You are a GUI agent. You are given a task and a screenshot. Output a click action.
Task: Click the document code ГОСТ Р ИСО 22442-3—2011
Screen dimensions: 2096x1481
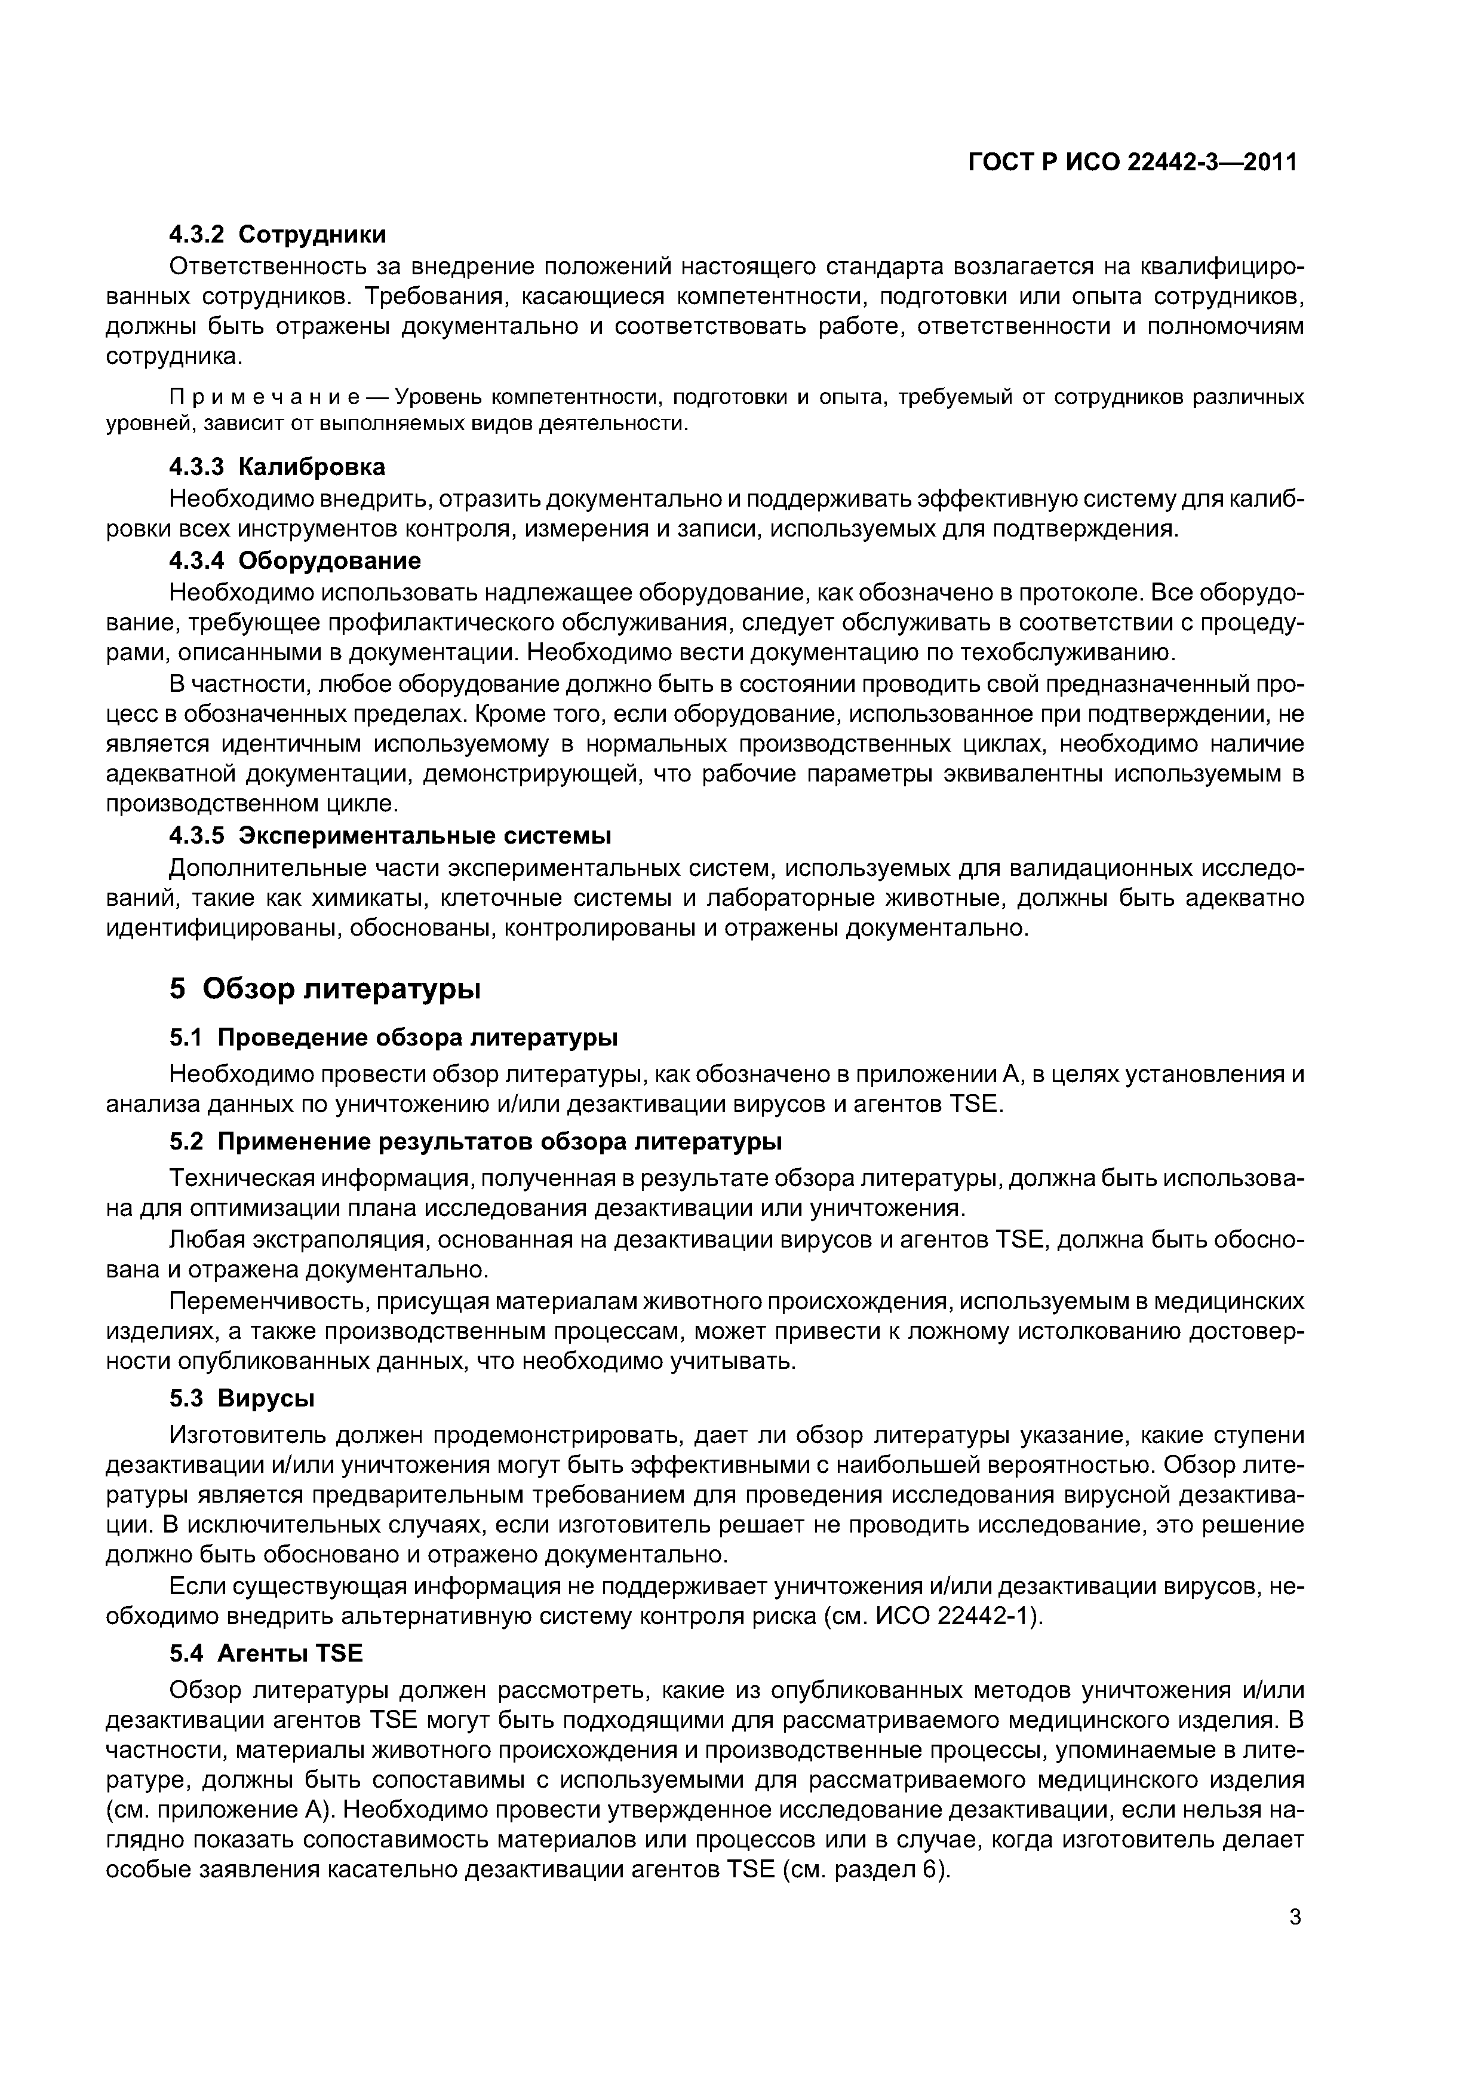1132,163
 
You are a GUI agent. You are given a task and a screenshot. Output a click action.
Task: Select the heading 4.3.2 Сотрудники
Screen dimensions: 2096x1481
278,235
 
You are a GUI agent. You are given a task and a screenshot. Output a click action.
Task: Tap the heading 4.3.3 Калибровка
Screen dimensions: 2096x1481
278,467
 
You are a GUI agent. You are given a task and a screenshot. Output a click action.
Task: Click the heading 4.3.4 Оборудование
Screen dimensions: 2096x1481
295,560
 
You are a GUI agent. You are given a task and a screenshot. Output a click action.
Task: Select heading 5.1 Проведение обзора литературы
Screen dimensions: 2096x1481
394,1038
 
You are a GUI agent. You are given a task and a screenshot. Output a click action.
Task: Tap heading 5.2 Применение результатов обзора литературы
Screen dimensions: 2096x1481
475,1142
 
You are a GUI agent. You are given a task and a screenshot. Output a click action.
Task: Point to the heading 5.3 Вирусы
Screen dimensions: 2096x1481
242,1399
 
